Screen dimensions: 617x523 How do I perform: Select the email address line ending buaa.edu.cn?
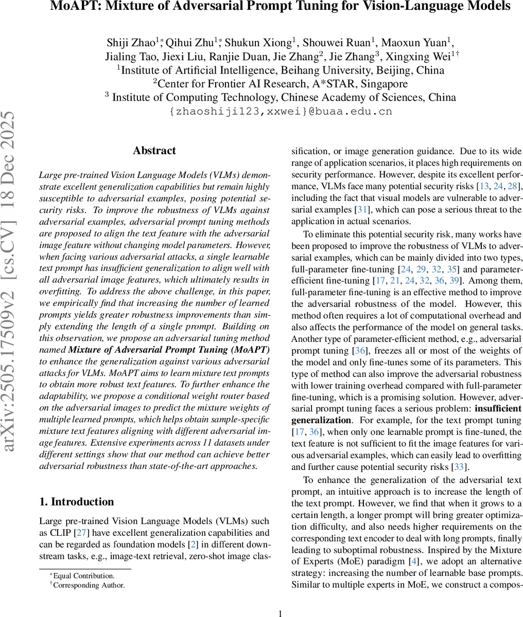[281, 111]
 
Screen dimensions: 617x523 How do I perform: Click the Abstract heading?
[154, 151]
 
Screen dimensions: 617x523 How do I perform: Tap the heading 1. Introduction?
[77, 502]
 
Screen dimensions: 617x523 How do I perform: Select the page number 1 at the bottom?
[280, 613]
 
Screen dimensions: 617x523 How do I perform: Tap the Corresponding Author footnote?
[89, 585]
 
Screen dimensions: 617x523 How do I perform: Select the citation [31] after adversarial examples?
[361, 210]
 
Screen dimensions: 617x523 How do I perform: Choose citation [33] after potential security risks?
[459, 467]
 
